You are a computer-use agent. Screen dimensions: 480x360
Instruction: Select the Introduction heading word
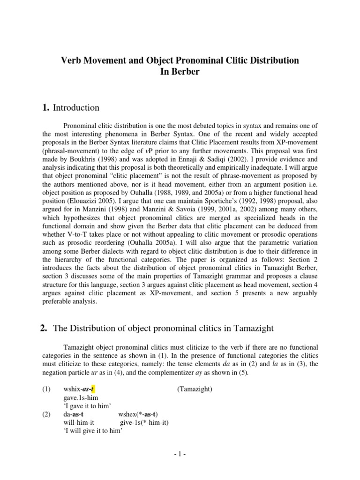76,108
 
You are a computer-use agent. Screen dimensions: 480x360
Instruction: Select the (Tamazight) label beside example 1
195,390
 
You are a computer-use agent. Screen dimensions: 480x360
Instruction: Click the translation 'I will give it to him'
93,431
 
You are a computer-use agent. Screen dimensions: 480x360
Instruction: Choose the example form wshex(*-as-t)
139,414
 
